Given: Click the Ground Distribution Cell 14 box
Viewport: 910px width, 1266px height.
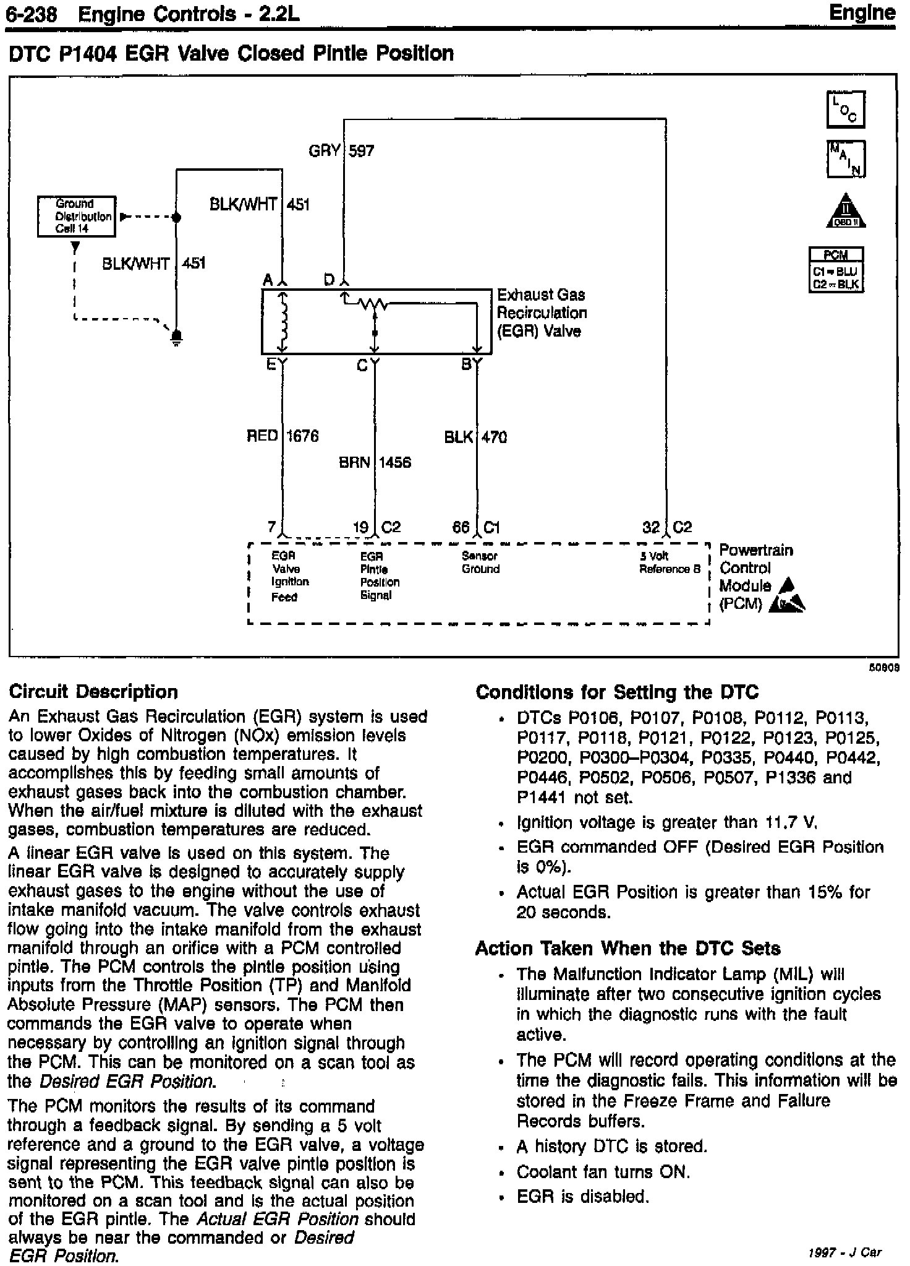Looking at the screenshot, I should pyautogui.click(x=77, y=216).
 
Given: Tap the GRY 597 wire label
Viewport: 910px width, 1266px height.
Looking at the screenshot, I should pyautogui.click(x=341, y=150).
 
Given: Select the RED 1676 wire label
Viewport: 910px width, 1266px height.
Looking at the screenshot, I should pyautogui.click(x=283, y=436).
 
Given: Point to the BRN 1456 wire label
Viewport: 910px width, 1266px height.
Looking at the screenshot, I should pyautogui.click(x=375, y=462).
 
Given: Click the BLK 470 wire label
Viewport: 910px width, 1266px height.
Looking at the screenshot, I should pyautogui.click(x=475, y=437).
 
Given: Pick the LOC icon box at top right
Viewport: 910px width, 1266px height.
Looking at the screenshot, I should pyautogui.click(x=845, y=110).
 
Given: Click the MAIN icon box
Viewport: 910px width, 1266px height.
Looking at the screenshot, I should pyautogui.click(x=845, y=159).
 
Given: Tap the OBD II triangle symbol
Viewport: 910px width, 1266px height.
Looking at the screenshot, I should pyautogui.click(x=846, y=211).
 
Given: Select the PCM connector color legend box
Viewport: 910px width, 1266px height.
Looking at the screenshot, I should pyautogui.click(x=836, y=269).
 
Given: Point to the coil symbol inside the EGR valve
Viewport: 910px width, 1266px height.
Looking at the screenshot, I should pyautogui.click(x=284, y=322).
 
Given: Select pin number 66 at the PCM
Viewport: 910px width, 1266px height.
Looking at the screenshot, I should pyautogui.click(x=461, y=527).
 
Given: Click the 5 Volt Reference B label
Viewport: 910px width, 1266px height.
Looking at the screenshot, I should pyautogui.click(x=670, y=562).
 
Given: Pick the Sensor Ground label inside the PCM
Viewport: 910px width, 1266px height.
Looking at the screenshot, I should pyautogui.click(x=480, y=562).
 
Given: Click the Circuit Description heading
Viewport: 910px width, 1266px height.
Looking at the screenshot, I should pyautogui.click(x=93, y=692).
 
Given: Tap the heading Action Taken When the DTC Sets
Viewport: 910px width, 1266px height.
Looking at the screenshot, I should pyautogui.click(x=627, y=949).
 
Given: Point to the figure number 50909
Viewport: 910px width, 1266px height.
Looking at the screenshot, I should pyautogui.click(x=886, y=669).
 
